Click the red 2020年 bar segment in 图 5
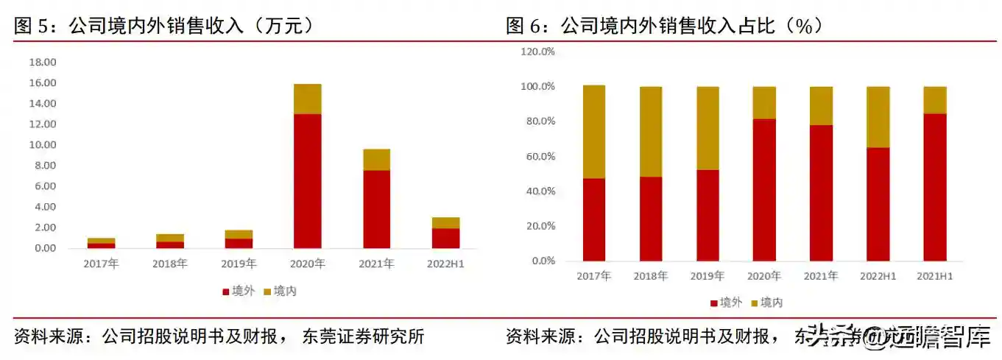(307, 180)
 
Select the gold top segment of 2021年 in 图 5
(376, 160)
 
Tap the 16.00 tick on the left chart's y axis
(42, 83)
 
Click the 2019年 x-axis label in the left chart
(239, 264)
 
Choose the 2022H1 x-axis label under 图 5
(445, 264)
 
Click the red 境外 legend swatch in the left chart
(225, 292)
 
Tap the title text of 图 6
(663, 27)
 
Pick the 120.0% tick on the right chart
(537, 52)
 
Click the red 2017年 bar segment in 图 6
(593, 219)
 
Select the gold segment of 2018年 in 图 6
(650, 132)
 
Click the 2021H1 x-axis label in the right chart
(934, 276)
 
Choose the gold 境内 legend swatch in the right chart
(754, 303)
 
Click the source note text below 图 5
(219, 337)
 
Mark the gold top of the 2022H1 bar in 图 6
(878, 117)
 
